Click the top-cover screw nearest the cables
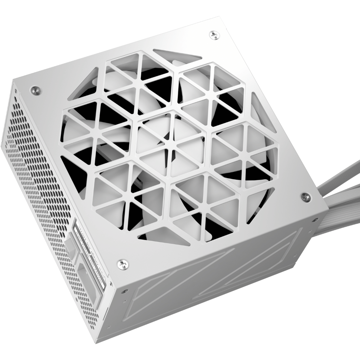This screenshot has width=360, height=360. click(306, 197)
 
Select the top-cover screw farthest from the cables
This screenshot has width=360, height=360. click(35, 90)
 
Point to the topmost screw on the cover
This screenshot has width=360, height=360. click(214, 35)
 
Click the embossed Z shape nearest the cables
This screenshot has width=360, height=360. click(265, 254)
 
